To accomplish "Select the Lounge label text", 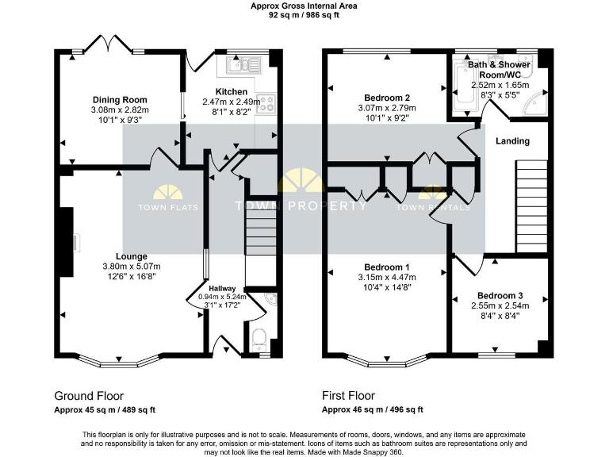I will click(131, 256).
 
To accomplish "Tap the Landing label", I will click(512, 141).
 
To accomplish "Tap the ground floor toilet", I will click(258, 340).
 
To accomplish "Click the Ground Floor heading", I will click(89, 395).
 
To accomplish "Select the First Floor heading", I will click(348, 395).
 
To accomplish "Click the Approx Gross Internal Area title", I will click(304, 6).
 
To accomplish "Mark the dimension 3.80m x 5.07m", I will click(131, 267).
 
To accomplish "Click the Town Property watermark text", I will click(302, 206).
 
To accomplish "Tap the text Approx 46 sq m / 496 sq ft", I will click(372, 409).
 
